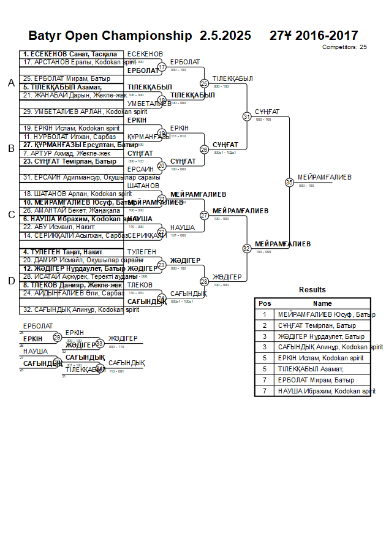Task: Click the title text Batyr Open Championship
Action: (110, 36)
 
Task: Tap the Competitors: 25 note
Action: (344, 47)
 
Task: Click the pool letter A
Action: (11, 83)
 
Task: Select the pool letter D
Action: (11, 281)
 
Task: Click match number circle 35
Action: (289, 182)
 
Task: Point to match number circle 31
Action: (247, 116)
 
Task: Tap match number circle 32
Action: (247, 248)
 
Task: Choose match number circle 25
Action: (204, 83)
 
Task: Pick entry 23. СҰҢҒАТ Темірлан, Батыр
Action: (61, 162)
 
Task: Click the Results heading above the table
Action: (312, 290)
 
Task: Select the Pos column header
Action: (265, 303)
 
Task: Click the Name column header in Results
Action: (322, 303)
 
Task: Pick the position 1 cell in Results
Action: (265, 314)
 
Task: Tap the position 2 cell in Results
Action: (265, 325)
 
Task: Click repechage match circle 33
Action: (100, 343)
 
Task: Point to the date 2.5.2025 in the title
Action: (225, 36)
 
